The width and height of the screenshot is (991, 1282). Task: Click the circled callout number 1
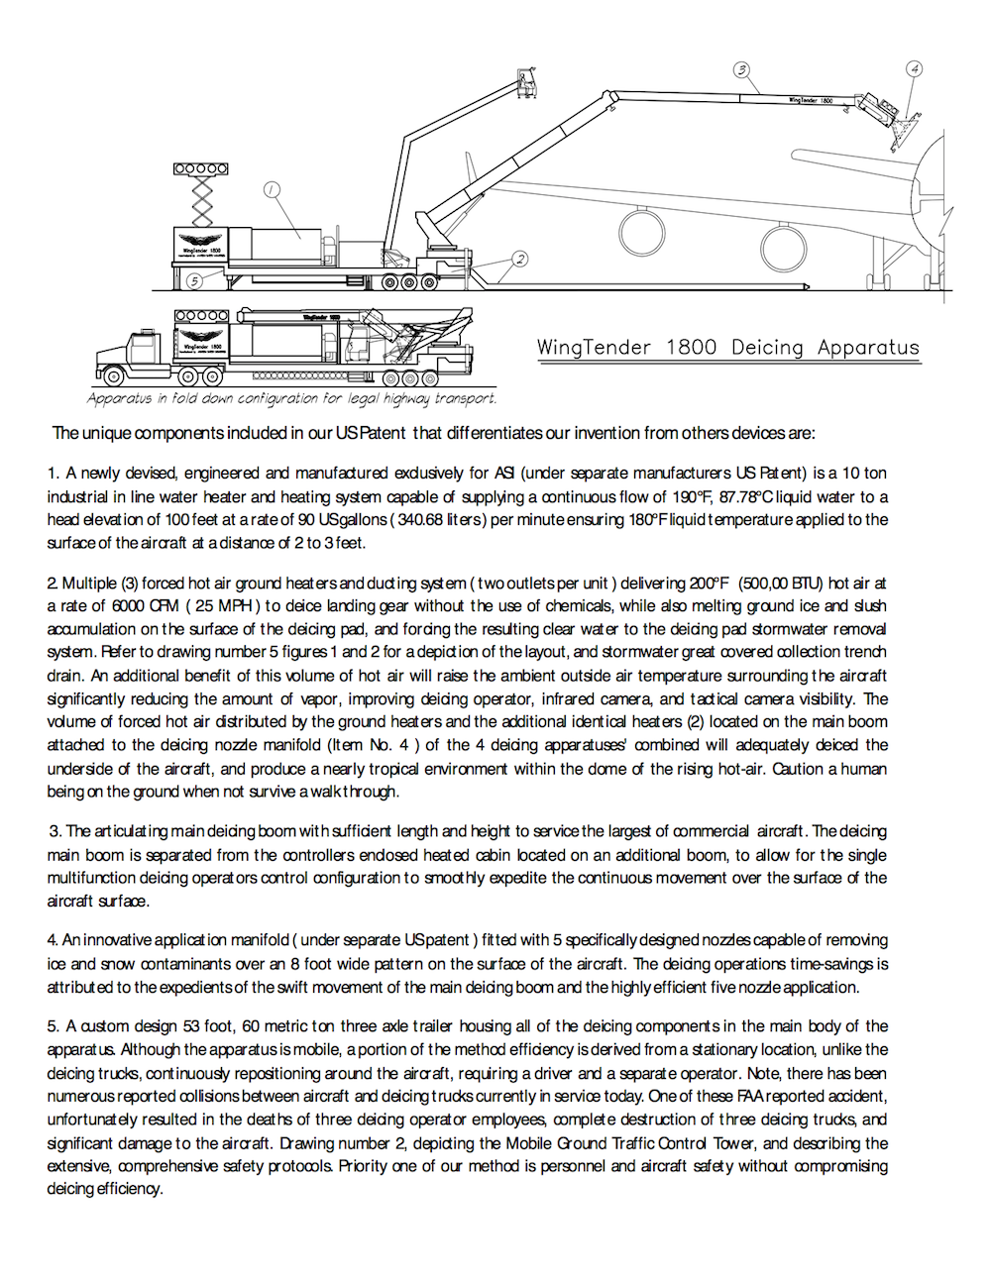pos(273,190)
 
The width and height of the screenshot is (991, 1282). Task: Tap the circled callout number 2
pos(519,260)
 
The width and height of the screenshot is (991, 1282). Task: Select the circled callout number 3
pos(741,69)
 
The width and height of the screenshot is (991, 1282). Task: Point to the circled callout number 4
pos(914,69)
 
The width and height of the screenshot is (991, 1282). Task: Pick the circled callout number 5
pos(195,280)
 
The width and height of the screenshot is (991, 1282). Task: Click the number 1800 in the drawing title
pos(691,348)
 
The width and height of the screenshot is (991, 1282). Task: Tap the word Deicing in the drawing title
pos(767,348)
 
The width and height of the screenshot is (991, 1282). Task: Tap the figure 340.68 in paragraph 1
pos(423,519)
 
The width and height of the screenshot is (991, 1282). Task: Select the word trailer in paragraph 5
pos(409,1026)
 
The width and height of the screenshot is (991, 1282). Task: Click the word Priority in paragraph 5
pos(364,1165)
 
